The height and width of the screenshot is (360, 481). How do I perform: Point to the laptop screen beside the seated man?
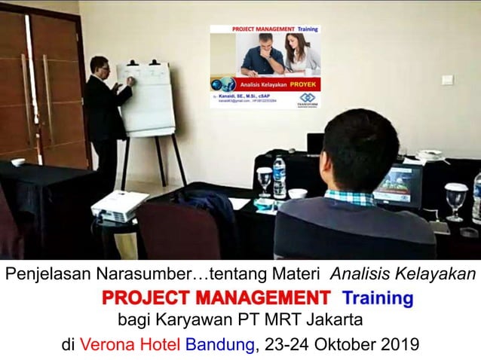tap(397, 185)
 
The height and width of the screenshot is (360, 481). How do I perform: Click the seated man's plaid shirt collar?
tap(349, 197)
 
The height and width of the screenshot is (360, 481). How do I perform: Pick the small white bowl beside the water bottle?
tap(298, 194)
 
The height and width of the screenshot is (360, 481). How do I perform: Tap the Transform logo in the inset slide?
tap(307, 99)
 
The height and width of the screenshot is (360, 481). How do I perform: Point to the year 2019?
tap(399, 346)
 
